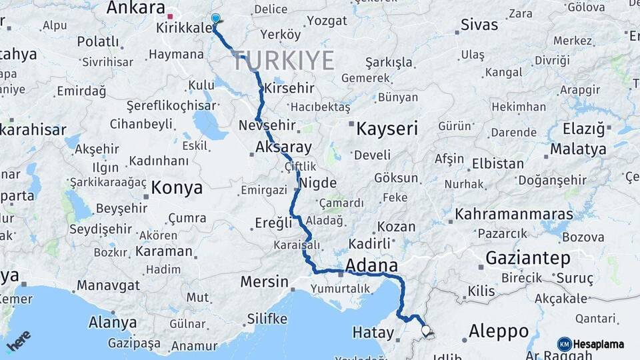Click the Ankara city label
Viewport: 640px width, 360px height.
click(x=135, y=8)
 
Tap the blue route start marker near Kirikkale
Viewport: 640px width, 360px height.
click(x=215, y=19)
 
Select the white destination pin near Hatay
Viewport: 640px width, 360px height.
click(x=426, y=330)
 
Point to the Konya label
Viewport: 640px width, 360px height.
click(x=177, y=188)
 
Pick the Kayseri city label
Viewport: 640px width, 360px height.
click(x=387, y=129)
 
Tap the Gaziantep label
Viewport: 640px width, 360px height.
click(x=528, y=258)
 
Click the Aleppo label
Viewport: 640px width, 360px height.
click(x=499, y=331)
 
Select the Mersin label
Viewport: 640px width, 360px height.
click(x=265, y=281)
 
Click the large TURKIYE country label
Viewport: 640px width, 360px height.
click(x=284, y=61)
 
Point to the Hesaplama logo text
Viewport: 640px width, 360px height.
click(x=598, y=345)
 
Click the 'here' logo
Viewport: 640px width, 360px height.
click(x=19, y=341)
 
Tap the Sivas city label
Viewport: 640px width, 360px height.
click(x=479, y=25)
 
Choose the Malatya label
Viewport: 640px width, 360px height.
click(x=578, y=149)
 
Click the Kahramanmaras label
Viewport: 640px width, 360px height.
click(x=514, y=215)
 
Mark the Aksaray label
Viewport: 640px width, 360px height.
click(x=283, y=148)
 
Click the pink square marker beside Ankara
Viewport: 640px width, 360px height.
click(x=171, y=16)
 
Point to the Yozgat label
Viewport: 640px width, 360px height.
click(x=327, y=21)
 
